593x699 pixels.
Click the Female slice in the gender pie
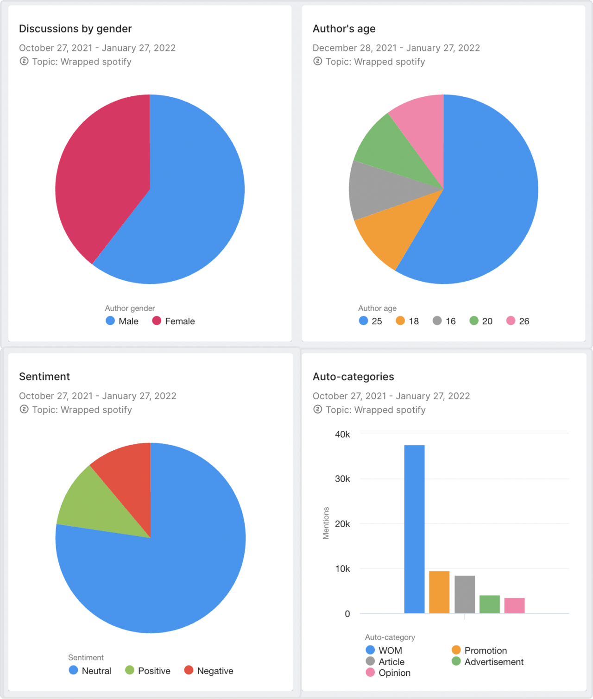point(102,176)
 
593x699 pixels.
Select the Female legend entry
point(174,321)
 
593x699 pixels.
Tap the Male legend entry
point(122,321)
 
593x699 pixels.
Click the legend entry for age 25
point(371,321)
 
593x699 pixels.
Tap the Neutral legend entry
point(90,671)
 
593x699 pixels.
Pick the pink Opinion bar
point(514,605)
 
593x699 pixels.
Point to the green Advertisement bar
point(489,604)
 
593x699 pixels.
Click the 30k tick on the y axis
point(342,479)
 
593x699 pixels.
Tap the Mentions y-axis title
point(326,523)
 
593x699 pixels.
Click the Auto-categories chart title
point(353,377)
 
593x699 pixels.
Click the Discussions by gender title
point(75,29)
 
